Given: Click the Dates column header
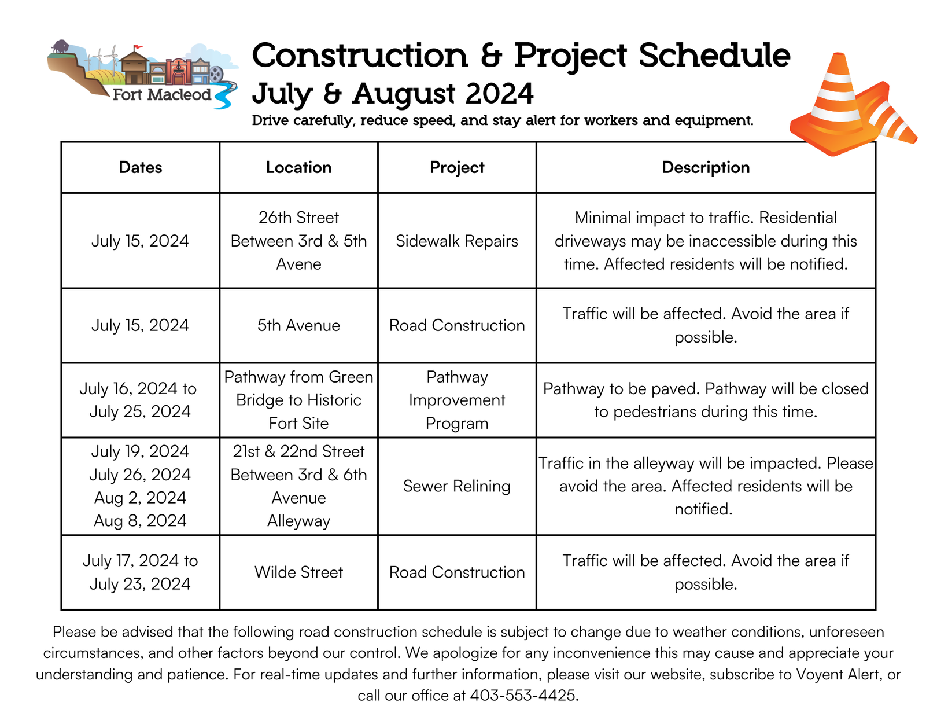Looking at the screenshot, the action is pos(140,167).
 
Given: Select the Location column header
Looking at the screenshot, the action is pos(298,167).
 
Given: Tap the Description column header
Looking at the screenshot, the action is pos(706,167).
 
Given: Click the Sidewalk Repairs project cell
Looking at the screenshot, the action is pos(456,241).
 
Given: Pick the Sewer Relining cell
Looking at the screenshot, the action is pos(456,486).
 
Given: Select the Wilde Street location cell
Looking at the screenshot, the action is pos(298,572).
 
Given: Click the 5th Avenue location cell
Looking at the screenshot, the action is pos(298,325).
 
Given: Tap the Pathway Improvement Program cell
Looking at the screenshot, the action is pos(456,400).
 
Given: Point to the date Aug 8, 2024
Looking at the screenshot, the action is pos(140,521).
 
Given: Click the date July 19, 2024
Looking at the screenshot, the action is pos(140,451).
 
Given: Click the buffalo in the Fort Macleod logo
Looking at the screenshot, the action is pos(60,46).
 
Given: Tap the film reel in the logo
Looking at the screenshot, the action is pos(216,73).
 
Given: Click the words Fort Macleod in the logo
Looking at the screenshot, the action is pos(162,94).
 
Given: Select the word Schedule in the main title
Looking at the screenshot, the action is pos(714,56).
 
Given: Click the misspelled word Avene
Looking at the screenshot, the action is pos(298,264).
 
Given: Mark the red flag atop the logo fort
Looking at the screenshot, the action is pos(138,47).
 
